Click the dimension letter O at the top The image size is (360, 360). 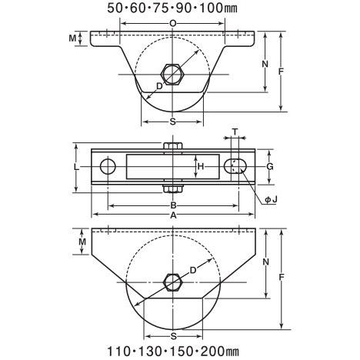point(173,24)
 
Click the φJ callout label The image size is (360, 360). point(271,199)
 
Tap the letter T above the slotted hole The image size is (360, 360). point(235,132)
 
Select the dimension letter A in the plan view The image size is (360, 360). point(174,215)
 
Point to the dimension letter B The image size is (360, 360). point(174,205)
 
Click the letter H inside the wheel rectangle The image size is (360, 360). point(201,167)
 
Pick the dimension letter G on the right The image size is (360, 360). point(270,167)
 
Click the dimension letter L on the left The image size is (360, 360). point(76,167)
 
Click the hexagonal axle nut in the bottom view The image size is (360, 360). point(173,282)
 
